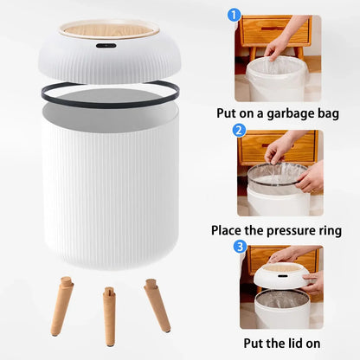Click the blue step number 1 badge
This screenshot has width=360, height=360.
pos(233,15)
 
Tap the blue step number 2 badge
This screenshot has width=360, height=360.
pos(239,131)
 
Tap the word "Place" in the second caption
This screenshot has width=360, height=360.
pos(229,230)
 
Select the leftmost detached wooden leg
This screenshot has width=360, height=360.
pos(62,305)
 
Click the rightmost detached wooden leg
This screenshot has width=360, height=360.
pos(157,305)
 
